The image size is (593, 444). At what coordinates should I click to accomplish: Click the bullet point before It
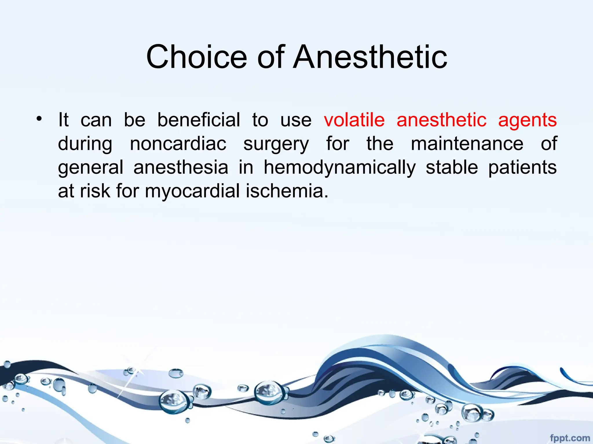click(39, 119)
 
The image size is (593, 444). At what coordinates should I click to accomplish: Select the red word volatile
click(354, 120)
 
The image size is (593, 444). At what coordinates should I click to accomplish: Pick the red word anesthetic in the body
click(441, 120)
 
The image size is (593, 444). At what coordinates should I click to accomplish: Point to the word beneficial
click(199, 120)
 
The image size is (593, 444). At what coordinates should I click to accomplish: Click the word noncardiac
click(178, 144)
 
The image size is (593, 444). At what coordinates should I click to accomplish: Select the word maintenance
click(467, 144)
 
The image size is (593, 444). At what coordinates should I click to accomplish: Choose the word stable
click(452, 167)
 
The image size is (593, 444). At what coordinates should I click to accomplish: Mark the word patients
click(522, 168)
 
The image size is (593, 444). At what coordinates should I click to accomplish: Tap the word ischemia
click(287, 191)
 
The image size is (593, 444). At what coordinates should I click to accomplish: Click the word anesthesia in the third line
click(181, 167)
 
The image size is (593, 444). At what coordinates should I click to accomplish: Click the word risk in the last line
click(95, 191)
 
